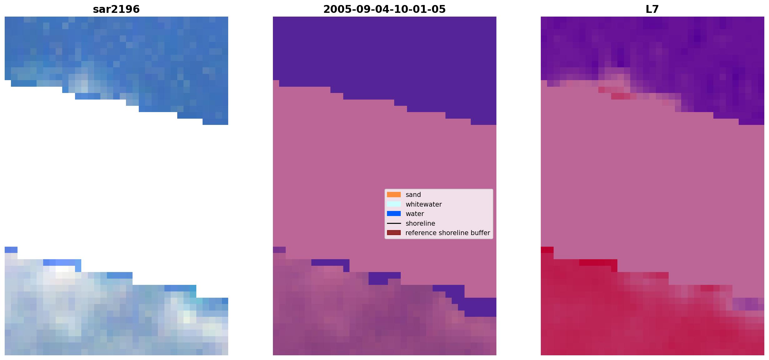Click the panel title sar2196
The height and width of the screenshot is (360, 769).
(x=116, y=9)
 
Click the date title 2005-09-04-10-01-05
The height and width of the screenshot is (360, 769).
(x=384, y=9)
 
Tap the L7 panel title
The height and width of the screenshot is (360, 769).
(x=652, y=9)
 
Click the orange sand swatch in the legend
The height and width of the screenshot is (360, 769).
(x=394, y=195)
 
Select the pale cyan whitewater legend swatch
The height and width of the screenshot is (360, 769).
(x=394, y=204)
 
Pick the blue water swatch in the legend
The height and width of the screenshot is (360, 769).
(x=394, y=214)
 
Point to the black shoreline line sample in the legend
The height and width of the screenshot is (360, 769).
(x=394, y=224)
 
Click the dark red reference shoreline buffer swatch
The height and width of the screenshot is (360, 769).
(x=394, y=233)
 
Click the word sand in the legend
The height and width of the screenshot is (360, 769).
(x=413, y=195)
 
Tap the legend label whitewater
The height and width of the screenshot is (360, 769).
(x=424, y=204)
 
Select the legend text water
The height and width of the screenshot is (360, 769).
(x=415, y=214)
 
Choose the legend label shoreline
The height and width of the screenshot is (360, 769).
(x=420, y=224)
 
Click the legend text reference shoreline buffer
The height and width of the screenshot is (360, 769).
(x=448, y=233)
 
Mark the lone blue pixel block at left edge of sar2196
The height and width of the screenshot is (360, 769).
(x=11, y=250)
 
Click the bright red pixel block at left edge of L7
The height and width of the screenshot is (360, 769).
(x=547, y=250)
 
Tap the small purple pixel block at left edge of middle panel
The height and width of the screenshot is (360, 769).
(x=279, y=250)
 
